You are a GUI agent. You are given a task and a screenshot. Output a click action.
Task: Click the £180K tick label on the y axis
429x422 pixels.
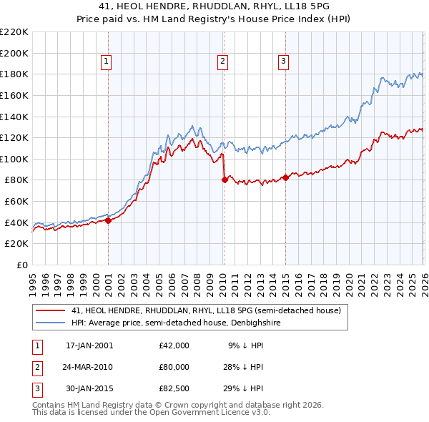14,74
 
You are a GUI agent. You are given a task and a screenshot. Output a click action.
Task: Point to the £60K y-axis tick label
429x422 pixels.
16,202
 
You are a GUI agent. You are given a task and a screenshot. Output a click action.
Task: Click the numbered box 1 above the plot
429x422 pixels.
106,62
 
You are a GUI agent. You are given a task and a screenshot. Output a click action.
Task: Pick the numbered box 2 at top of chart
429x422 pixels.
223,62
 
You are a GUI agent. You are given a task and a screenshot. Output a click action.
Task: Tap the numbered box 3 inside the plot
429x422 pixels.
283,62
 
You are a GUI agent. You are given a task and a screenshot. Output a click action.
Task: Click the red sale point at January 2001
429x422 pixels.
108,220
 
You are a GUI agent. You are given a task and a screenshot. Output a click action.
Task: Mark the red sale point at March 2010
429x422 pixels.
225,180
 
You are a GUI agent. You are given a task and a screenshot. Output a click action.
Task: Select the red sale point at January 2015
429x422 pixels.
285,177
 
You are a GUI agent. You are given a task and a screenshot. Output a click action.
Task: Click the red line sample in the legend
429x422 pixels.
50,310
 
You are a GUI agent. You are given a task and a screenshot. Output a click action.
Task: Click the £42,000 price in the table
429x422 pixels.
174,345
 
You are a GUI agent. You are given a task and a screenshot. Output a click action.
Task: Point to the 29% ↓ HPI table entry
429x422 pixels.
243,388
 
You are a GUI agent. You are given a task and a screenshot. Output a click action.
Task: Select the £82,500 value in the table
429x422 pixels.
174,388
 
